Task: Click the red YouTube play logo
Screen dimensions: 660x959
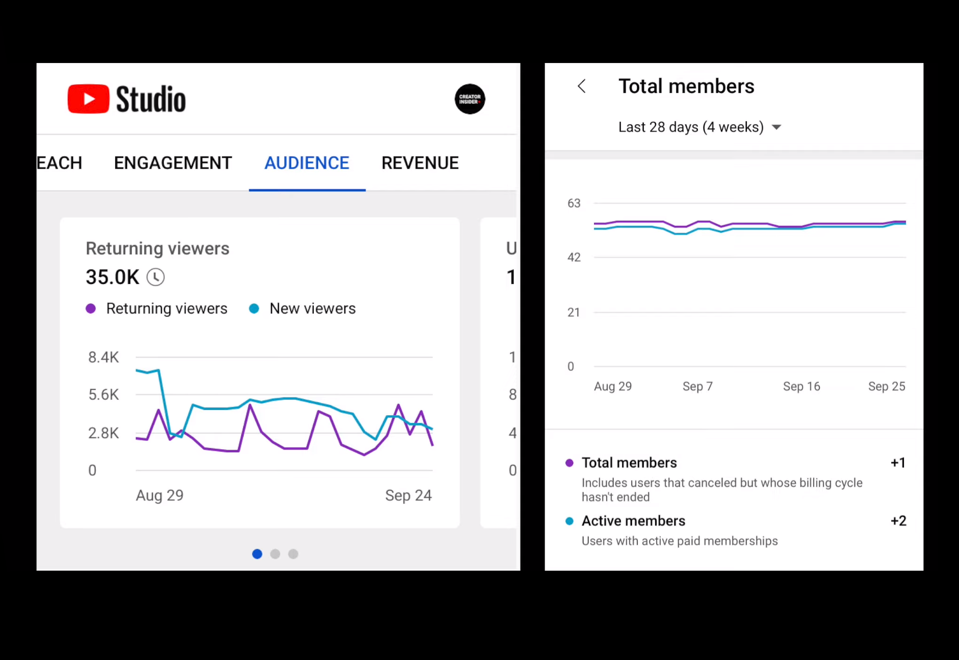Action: tap(88, 99)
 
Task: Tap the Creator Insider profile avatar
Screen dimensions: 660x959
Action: tap(469, 99)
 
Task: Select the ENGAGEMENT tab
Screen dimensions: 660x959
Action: tap(173, 163)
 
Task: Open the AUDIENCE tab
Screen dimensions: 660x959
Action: tap(307, 163)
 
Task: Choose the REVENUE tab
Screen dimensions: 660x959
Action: tap(420, 163)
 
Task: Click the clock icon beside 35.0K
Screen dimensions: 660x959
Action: tap(156, 277)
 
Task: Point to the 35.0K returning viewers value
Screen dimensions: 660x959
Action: tap(112, 277)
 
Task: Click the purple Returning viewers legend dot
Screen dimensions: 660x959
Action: tap(91, 308)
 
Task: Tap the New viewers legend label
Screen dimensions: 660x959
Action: tap(312, 308)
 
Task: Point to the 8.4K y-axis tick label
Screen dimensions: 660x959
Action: tap(103, 357)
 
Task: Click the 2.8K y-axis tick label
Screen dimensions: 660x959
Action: tap(103, 433)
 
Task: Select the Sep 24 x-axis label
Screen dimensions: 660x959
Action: tap(408, 495)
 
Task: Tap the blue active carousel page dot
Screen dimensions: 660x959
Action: tap(257, 554)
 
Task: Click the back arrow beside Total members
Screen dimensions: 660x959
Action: tap(582, 86)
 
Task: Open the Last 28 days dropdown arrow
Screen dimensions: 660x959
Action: tap(777, 127)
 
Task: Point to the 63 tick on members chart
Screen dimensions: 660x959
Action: tap(574, 204)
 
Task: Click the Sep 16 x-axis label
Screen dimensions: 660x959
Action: tap(801, 386)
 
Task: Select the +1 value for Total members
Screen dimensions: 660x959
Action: tap(898, 463)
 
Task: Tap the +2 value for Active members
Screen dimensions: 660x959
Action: tap(898, 521)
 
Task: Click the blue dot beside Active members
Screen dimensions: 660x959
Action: tap(569, 521)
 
